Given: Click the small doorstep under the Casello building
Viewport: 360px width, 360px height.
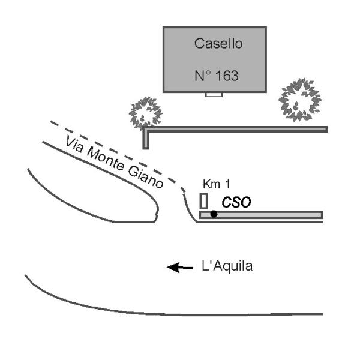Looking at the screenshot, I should [x=214, y=94].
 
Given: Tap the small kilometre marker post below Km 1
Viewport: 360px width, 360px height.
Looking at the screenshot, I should [x=204, y=200].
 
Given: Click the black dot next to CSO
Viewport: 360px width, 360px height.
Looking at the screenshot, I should [x=214, y=214].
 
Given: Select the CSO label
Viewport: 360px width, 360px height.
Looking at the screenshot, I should [x=235, y=203].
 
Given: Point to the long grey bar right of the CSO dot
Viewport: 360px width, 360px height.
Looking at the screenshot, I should [x=270, y=215].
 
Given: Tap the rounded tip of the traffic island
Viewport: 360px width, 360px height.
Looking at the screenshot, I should [x=156, y=210].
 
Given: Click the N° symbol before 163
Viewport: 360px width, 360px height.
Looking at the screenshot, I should [x=203, y=76].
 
